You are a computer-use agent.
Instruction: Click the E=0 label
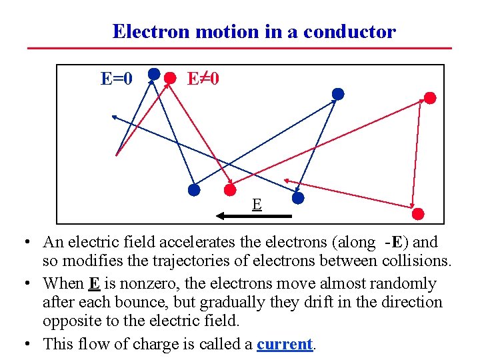point(116,79)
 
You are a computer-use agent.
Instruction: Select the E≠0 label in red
point(203,79)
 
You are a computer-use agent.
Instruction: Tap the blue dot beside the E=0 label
point(153,73)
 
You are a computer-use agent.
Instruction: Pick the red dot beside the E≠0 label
point(171,78)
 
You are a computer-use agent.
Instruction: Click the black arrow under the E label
point(254,216)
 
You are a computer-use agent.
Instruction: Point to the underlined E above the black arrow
point(256,203)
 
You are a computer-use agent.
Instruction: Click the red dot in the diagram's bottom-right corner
point(418,213)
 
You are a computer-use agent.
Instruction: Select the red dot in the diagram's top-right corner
point(430,98)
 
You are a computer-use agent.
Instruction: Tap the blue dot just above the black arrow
point(298,198)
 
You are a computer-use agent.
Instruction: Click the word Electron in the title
point(146,31)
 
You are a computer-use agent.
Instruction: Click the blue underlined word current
point(285,344)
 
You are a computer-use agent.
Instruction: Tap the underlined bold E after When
point(94,283)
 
